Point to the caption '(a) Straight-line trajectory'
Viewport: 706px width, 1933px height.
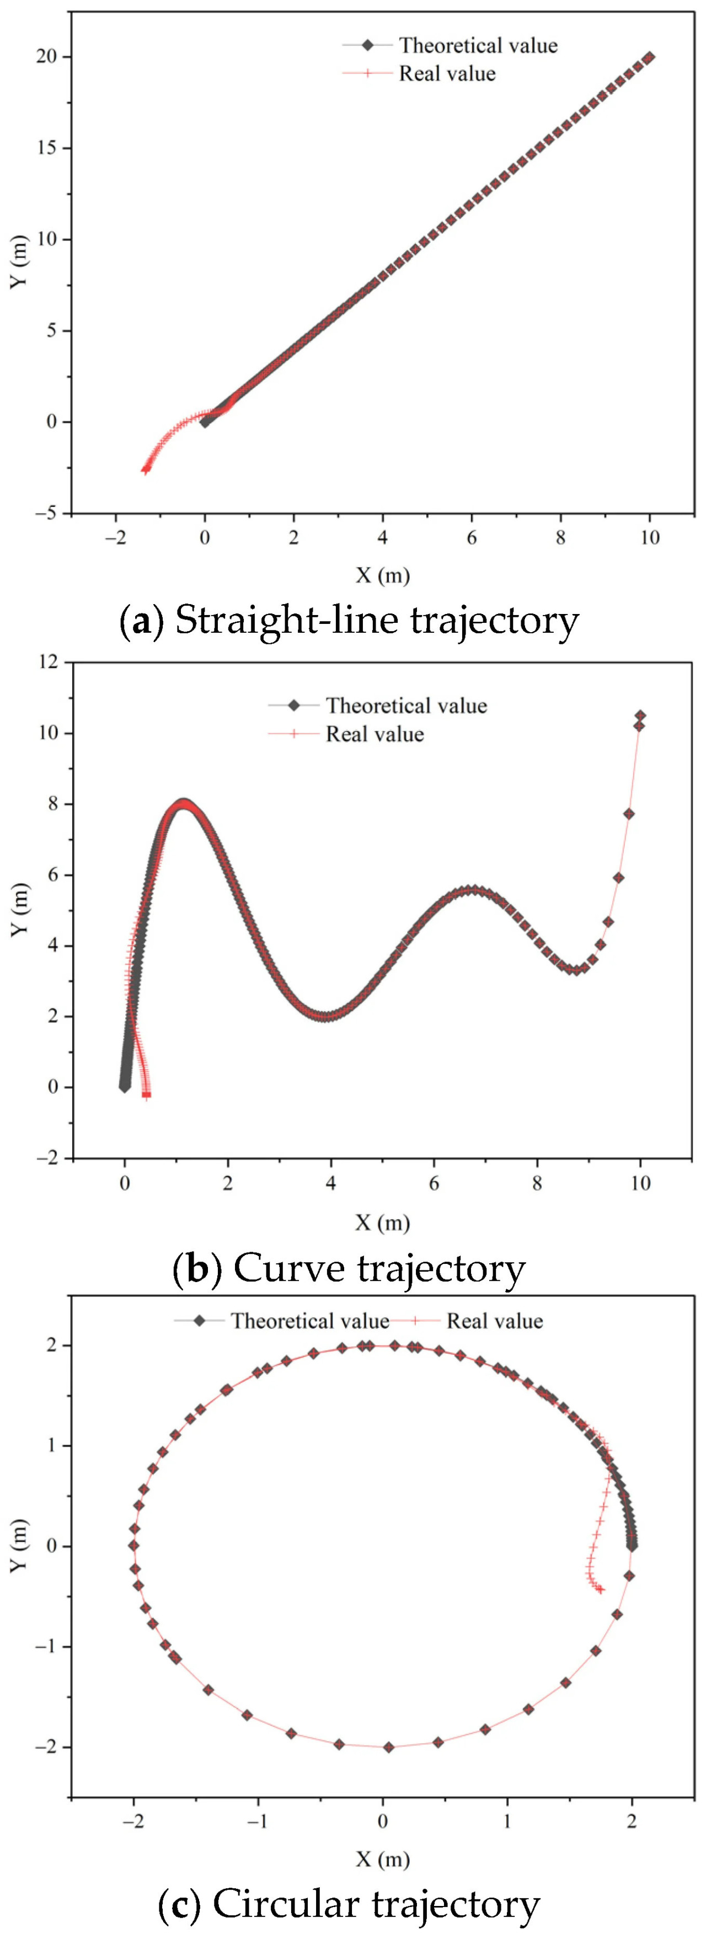(x=350, y=621)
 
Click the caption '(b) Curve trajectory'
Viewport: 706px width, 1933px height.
(x=350, y=1269)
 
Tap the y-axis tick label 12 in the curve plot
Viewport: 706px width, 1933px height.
(x=50, y=663)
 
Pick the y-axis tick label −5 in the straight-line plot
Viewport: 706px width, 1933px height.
(x=46, y=513)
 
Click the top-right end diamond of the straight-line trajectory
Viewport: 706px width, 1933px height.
(x=649, y=57)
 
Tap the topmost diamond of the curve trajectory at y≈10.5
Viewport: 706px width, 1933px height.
(x=640, y=716)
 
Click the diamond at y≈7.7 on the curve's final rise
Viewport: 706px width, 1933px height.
(x=629, y=814)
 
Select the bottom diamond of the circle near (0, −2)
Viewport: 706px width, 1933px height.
(x=388, y=1747)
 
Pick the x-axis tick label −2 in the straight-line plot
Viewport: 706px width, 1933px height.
(x=115, y=538)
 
